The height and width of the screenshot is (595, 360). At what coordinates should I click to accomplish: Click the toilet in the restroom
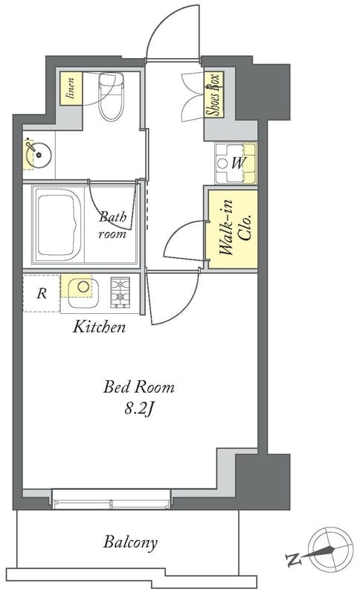click(111, 97)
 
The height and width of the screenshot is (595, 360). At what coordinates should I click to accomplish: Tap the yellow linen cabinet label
click(71, 89)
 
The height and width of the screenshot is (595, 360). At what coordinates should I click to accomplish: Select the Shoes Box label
click(213, 94)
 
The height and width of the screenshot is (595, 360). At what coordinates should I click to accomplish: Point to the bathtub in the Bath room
click(59, 225)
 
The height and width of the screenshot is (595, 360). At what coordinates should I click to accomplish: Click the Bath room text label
click(112, 225)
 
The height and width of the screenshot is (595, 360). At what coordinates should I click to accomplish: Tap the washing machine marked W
click(235, 163)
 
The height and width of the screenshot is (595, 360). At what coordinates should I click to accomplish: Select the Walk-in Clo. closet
click(233, 229)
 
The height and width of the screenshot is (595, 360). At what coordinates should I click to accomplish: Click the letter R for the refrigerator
click(42, 293)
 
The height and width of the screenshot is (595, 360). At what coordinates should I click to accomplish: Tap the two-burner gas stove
click(120, 292)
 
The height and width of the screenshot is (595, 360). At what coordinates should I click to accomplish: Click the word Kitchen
click(99, 327)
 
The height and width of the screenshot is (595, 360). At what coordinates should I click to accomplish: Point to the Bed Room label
click(139, 387)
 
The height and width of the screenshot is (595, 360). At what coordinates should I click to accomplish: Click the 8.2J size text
click(138, 409)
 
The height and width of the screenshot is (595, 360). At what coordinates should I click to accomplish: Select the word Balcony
click(130, 543)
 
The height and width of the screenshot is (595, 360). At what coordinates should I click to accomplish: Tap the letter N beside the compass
click(293, 559)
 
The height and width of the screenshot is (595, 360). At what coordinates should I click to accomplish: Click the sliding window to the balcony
click(111, 499)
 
